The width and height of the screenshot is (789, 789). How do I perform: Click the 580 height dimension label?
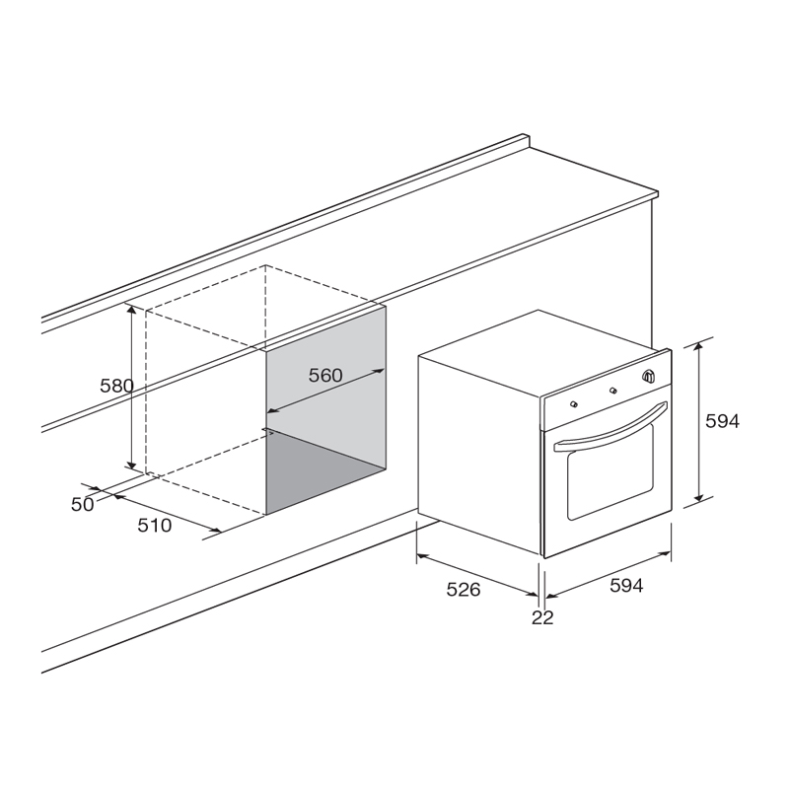click(116, 386)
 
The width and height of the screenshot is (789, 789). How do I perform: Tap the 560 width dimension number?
click(325, 375)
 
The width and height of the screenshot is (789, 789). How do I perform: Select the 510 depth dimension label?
click(155, 526)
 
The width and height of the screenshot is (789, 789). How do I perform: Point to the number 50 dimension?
click(83, 504)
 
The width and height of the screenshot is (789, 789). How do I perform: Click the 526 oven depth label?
click(464, 589)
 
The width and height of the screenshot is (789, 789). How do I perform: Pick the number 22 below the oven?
click(542, 617)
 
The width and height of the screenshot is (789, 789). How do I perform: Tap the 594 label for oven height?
click(723, 421)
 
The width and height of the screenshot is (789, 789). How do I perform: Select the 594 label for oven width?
click(626, 585)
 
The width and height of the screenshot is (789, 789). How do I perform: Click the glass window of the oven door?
click(610, 472)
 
